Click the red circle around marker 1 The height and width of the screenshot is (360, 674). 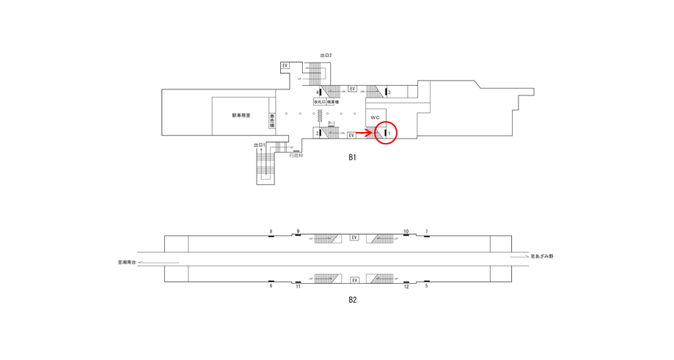[386, 133]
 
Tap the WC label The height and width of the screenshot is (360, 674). [375, 118]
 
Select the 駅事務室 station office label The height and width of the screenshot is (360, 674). [241, 116]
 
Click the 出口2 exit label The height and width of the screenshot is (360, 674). [326, 56]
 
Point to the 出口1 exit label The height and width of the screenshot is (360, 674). [259, 145]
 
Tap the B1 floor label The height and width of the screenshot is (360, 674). [352, 158]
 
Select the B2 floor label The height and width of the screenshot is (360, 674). [352, 300]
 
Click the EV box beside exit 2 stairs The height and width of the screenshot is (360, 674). [285, 66]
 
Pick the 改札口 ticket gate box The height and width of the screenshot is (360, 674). [320, 103]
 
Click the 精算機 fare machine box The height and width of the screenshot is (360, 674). [333, 103]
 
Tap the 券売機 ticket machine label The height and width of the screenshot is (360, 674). [272, 121]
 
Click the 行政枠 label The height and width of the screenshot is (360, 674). [296, 155]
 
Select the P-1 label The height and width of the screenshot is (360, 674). [331, 123]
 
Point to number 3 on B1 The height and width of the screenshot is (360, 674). [389, 92]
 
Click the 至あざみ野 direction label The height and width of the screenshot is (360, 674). [542, 257]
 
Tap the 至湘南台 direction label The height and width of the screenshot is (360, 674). [127, 262]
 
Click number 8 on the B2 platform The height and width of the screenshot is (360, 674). [271, 232]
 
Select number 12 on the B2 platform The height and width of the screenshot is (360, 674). [406, 287]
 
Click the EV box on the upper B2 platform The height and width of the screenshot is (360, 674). [354, 238]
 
